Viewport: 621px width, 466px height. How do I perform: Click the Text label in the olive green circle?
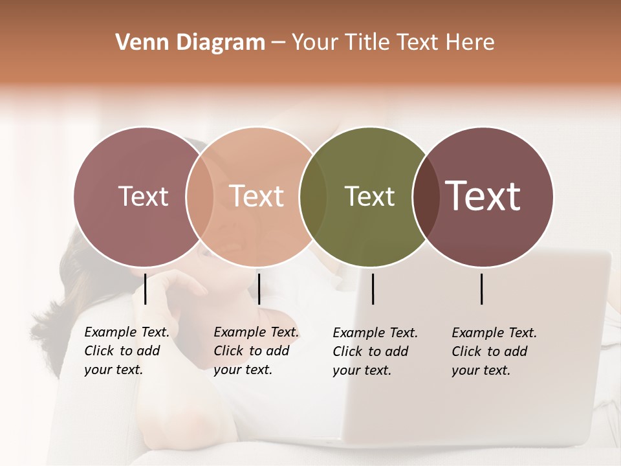tap(369, 197)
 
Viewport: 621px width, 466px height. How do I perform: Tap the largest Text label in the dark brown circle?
tap(483, 196)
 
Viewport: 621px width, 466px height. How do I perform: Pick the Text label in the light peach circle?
tap(257, 196)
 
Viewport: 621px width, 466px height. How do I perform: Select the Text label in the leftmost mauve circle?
tap(143, 196)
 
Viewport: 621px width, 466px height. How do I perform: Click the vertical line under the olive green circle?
tap(373, 289)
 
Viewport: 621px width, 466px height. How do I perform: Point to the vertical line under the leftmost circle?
tap(146, 289)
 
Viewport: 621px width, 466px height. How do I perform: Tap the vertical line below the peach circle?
tap(259, 289)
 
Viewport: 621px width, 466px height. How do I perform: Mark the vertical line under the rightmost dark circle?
tap(482, 289)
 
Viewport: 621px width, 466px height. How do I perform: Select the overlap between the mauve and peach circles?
tap(200, 197)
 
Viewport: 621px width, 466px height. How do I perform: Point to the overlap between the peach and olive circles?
tap(313, 197)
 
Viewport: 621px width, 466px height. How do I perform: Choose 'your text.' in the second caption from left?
tap(243, 370)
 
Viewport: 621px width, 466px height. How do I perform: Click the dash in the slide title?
tap(278, 43)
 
